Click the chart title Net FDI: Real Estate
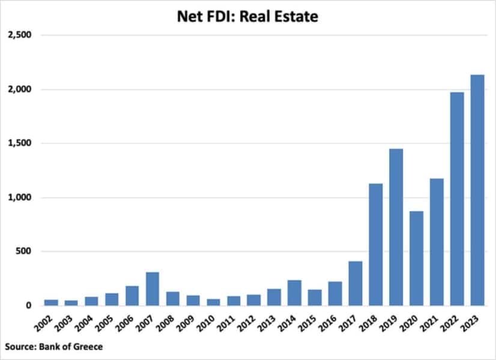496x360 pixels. click(247, 16)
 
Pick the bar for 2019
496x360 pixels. click(396, 227)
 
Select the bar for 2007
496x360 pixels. click(152, 289)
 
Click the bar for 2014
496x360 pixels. click(294, 293)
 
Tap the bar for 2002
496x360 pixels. click(51, 302)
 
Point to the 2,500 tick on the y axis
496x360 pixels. click(19, 35)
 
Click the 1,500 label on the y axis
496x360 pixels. click(19, 143)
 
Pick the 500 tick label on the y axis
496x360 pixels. click(23, 251)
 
